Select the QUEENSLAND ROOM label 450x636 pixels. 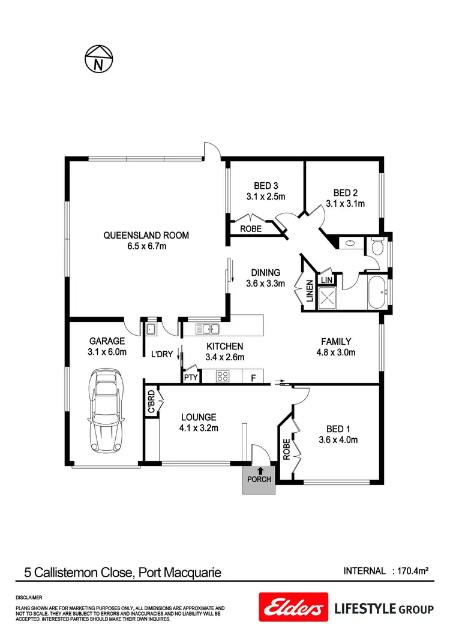(x=146, y=236)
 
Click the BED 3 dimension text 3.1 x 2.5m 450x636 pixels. (x=265, y=196)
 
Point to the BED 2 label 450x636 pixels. (x=346, y=193)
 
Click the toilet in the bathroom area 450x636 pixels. (x=377, y=246)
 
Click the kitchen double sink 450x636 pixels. (x=208, y=328)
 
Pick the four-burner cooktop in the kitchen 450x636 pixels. (x=223, y=377)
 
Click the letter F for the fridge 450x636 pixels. (x=253, y=378)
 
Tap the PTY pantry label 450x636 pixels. (x=190, y=378)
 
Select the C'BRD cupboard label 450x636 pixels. (x=151, y=402)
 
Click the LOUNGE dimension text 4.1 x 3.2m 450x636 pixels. (x=199, y=428)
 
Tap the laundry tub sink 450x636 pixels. (x=151, y=328)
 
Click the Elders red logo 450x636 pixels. (x=293, y=608)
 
